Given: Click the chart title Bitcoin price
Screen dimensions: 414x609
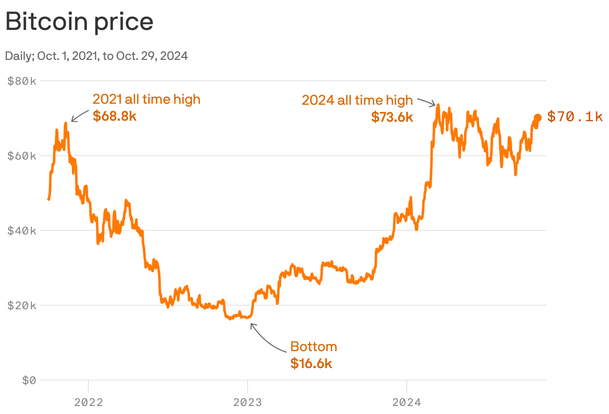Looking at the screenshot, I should pyautogui.click(x=79, y=22).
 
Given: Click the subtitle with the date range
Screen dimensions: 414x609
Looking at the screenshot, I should pyautogui.click(x=96, y=56).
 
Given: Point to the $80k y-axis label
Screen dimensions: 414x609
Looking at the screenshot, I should pyautogui.click(x=22, y=81).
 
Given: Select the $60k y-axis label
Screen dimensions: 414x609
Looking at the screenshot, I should pyautogui.click(x=22, y=156).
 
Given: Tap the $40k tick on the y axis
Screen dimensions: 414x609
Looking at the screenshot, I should pyautogui.click(x=22, y=230).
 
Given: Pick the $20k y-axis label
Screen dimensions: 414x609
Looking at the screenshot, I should pyautogui.click(x=22, y=305).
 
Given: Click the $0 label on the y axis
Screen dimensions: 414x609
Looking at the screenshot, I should pyautogui.click(x=29, y=380).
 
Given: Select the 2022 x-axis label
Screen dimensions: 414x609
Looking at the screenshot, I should pyautogui.click(x=88, y=402).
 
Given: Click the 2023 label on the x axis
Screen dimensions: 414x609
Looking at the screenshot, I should pyautogui.click(x=248, y=402).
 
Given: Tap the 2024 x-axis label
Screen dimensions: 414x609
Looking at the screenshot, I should pyautogui.click(x=407, y=402).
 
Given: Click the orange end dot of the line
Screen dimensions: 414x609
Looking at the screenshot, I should pyautogui.click(x=538, y=118).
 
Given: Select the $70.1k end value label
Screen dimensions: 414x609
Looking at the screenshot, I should pyautogui.click(x=575, y=117).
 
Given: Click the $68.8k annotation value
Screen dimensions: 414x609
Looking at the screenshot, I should pyautogui.click(x=114, y=116).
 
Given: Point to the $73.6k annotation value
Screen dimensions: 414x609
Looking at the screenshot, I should pyautogui.click(x=392, y=117).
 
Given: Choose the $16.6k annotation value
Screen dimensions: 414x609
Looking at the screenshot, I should pyautogui.click(x=311, y=363).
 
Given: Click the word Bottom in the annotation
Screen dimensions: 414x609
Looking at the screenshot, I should pyautogui.click(x=313, y=347).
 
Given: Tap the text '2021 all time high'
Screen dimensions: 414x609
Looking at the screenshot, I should pyautogui.click(x=146, y=99).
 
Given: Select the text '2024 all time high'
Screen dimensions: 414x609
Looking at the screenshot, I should pyautogui.click(x=357, y=100).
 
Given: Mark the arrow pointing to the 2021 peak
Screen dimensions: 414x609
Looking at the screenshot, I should pyautogui.click(x=79, y=115).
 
